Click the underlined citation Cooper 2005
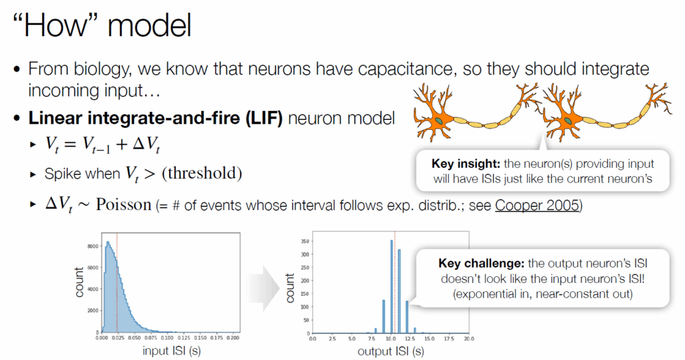[x=537, y=205]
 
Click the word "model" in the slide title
[x=149, y=25]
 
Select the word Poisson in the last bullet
[x=124, y=204]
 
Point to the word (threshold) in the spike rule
[x=202, y=173]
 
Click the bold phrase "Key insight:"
[x=466, y=164]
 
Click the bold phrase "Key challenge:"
[x=481, y=264]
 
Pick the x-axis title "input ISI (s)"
[x=171, y=351]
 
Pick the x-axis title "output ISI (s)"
[x=391, y=351]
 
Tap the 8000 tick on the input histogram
[x=93, y=246]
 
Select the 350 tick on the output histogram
[x=305, y=241]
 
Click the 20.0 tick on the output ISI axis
[x=469, y=339]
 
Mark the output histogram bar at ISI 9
[x=383, y=317]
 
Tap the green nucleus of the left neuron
[x=439, y=120]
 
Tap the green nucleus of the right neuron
[x=567, y=121]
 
